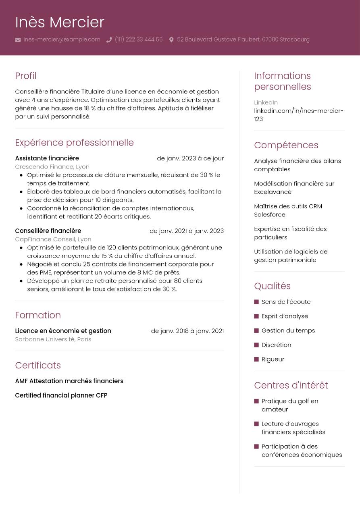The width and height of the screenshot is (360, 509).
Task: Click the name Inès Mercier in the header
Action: pyautogui.click(x=60, y=22)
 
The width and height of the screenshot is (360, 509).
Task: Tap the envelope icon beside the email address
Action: pyautogui.click(x=18, y=40)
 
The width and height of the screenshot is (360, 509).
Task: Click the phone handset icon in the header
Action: pyautogui.click(x=109, y=40)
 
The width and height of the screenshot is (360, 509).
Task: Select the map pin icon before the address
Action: pyautogui.click(x=171, y=40)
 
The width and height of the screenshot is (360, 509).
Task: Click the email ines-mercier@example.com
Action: pyautogui.click(x=62, y=39)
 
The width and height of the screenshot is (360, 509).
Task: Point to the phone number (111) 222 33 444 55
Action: pyautogui.click(x=138, y=39)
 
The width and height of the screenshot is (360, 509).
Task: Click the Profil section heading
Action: pyautogui.click(x=25, y=76)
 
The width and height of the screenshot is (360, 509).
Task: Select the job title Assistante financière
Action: pyautogui.click(x=47, y=158)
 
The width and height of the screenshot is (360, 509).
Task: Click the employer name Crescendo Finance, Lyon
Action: pyautogui.click(x=52, y=166)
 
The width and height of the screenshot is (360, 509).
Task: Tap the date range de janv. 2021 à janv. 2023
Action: pyautogui.click(x=186, y=231)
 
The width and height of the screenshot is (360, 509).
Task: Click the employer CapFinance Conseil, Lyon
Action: pyautogui.click(x=53, y=239)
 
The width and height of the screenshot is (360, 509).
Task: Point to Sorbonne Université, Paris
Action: pyautogui.click(x=53, y=339)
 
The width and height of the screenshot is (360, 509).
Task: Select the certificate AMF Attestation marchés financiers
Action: pyautogui.click(x=69, y=381)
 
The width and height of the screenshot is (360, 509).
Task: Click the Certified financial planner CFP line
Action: pyautogui.click(x=61, y=395)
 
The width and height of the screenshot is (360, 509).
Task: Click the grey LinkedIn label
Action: pyautogui.click(x=266, y=102)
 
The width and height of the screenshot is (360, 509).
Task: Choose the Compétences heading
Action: pyautogui.click(x=286, y=145)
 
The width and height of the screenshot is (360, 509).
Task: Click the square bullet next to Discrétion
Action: pyautogui.click(x=256, y=345)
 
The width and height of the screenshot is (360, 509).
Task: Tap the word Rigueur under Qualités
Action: pyautogui.click(x=273, y=359)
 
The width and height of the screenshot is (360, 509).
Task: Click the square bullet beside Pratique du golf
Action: pyautogui.click(x=256, y=401)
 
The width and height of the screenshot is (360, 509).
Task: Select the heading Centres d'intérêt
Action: pyautogui.click(x=291, y=385)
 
